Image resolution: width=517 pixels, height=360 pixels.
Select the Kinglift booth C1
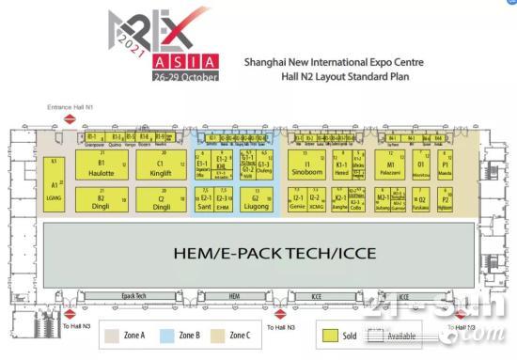(162, 167)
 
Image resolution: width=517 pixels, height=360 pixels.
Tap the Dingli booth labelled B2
(101, 200)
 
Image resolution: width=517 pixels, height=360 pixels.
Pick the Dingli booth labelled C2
(162, 200)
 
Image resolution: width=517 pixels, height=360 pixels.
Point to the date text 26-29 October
(188, 75)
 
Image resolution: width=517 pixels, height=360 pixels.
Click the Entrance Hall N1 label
(71, 109)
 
